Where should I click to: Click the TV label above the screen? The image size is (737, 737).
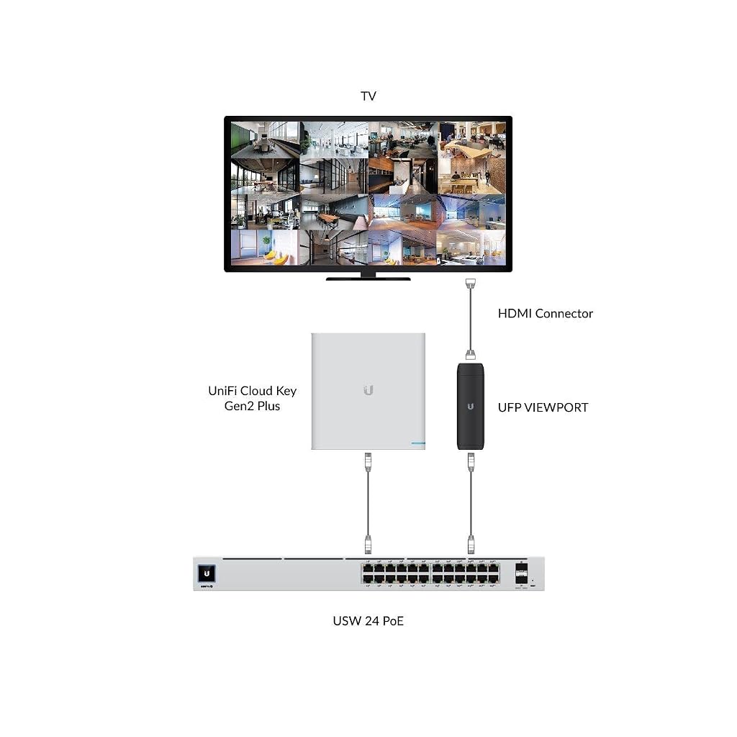368,96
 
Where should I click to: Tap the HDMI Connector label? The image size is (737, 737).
546,314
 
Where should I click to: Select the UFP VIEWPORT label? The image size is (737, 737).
543,407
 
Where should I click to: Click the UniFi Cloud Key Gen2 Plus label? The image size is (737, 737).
253,398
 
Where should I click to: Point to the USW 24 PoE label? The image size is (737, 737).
368,621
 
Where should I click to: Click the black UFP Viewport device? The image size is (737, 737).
471,406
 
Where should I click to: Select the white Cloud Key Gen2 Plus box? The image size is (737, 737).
368,391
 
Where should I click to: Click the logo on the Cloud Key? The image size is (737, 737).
368,390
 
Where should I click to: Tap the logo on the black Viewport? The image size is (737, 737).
471,406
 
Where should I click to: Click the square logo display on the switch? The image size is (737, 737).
207,574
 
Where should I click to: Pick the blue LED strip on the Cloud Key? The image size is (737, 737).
418,443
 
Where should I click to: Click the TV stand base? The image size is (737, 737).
368,279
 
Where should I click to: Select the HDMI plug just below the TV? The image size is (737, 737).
471,283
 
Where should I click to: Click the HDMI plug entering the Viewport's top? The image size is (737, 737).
471,356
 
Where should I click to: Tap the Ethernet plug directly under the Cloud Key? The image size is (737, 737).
368,461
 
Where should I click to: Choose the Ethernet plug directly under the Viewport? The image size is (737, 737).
471,461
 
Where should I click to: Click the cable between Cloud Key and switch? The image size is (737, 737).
368,503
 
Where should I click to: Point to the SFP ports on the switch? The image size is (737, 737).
521,574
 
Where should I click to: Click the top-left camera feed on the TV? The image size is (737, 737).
266,140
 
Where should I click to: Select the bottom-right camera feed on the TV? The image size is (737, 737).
471,248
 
